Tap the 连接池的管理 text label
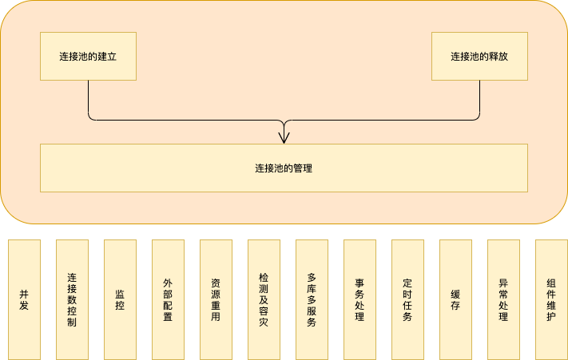pyautogui.click(x=284, y=168)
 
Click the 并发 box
pyautogui.click(x=24, y=299)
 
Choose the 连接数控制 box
pyautogui.click(x=72, y=299)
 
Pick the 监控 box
pyautogui.click(x=120, y=299)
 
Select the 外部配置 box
pyautogui.click(x=168, y=299)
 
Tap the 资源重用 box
pyautogui.click(x=216, y=299)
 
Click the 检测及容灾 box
pyautogui.click(x=264, y=299)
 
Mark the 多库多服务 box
pyautogui.click(x=312, y=299)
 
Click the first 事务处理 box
pyautogui.click(x=359, y=299)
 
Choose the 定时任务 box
pyautogui.click(x=407, y=299)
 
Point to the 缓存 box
pyautogui.click(x=455, y=299)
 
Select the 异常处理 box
pyautogui.click(x=503, y=299)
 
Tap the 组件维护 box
pyautogui.click(x=551, y=299)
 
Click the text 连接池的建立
pyautogui.click(x=88, y=57)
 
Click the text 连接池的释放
pyautogui.click(x=479, y=57)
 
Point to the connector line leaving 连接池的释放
pyautogui.click(x=479, y=100)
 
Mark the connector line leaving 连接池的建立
pyautogui.click(x=88, y=100)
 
